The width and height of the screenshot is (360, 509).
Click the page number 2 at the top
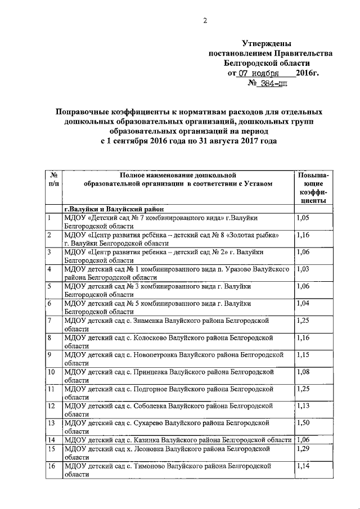coord(205,21)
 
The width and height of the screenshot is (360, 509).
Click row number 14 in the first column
coord(52,440)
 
